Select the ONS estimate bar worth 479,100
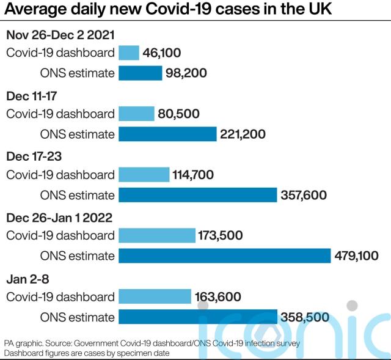[224, 255]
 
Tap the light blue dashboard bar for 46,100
[129, 53]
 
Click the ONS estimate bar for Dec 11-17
[167, 134]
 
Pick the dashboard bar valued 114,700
[144, 175]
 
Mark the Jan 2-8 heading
[27, 279]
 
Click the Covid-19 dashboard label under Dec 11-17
[60, 114]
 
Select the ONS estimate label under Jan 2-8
[76, 317]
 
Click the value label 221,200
[244, 134]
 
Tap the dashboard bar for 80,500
[136, 114]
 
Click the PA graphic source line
[152, 343]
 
